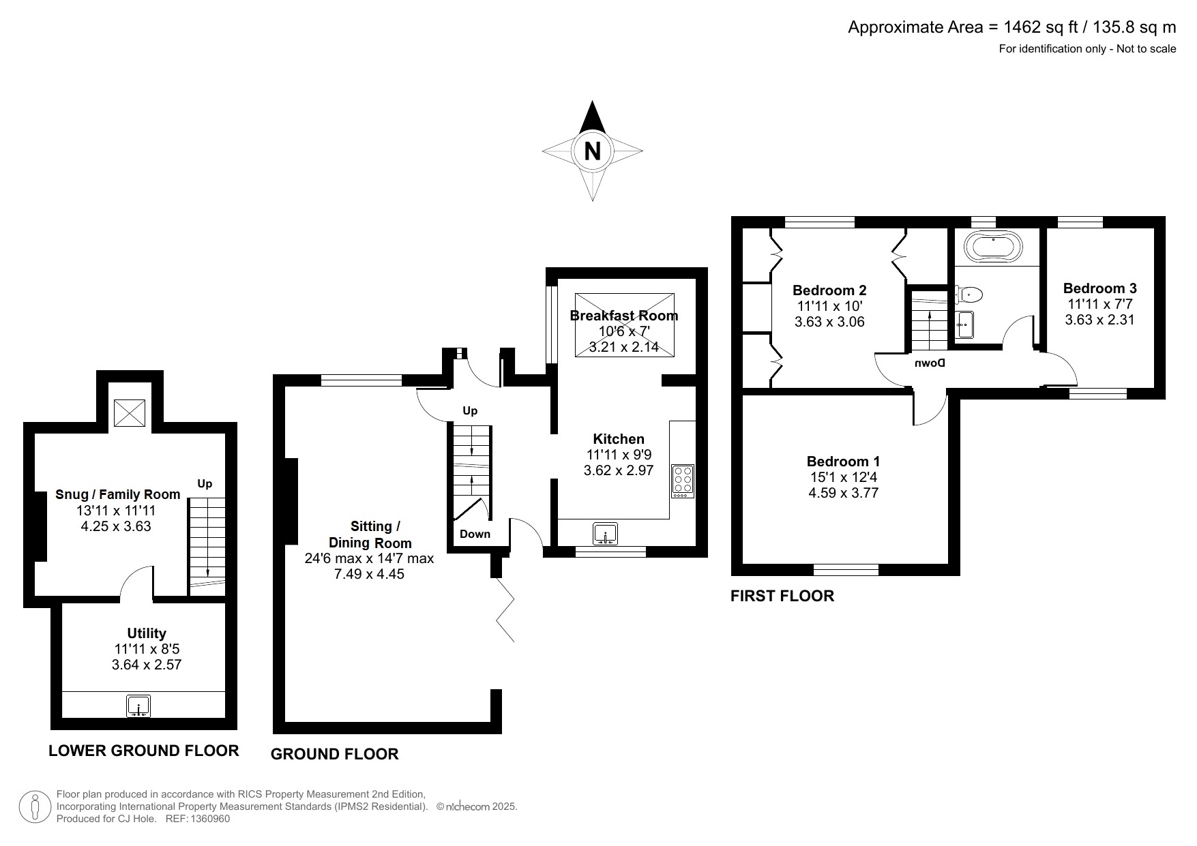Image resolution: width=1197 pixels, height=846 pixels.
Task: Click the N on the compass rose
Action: pos(592,151)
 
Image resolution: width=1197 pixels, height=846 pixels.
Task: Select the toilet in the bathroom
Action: pos(969,294)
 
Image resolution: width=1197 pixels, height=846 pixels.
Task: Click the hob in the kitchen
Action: pos(683,481)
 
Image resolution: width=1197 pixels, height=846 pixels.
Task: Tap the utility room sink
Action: pos(138,706)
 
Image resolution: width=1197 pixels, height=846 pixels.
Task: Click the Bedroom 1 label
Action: pos(843,462)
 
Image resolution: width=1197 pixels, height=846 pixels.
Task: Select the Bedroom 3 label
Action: pos(1099,288)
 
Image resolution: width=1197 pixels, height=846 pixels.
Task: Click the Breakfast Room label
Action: pos(624,316)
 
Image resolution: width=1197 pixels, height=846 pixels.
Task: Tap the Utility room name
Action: pos(147,633)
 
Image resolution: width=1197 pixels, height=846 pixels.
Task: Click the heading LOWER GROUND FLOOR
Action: pos(144,751)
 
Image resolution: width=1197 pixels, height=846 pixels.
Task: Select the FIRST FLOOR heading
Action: pos(782,596)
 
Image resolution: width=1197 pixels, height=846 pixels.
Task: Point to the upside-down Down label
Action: pos(930,363)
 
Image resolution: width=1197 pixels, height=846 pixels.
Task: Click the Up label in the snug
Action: pos(205,484)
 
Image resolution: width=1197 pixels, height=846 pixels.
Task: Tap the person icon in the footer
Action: pos(35,807)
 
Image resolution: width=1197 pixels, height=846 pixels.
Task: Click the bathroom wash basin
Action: pos(965,325)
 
